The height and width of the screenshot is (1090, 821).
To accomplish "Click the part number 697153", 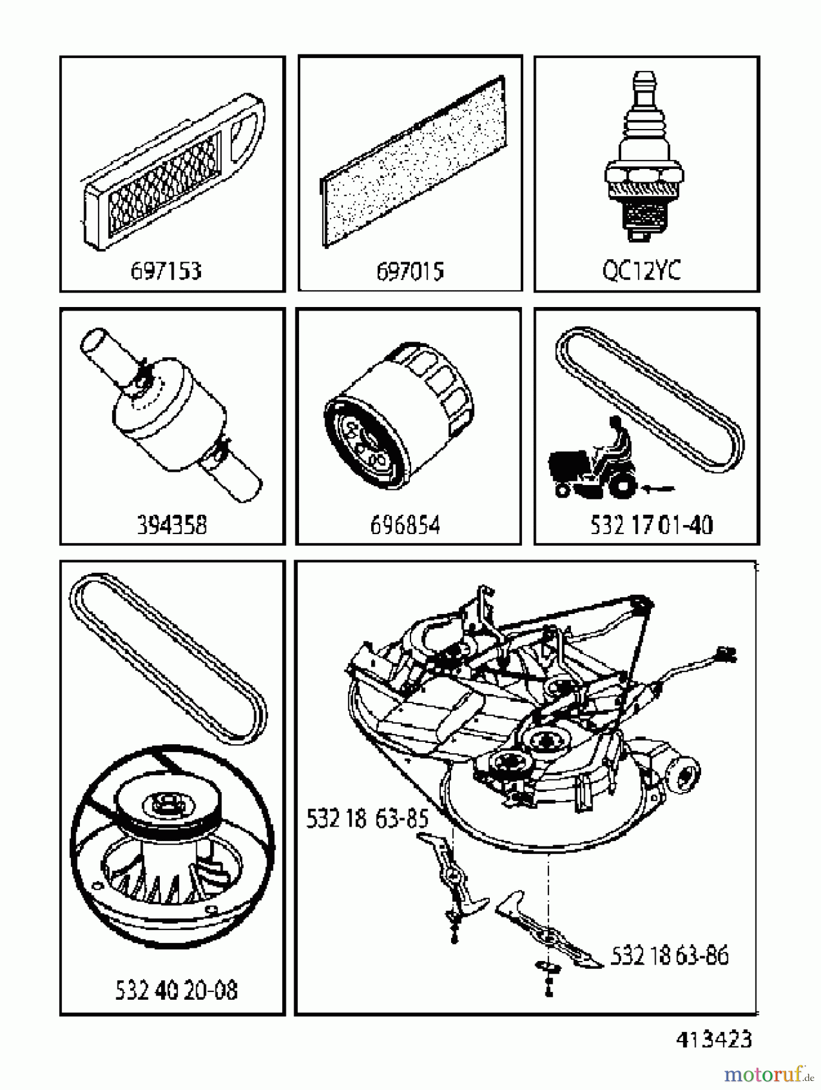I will tap(166, 271).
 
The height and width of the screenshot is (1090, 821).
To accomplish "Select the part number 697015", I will tap(410, 271).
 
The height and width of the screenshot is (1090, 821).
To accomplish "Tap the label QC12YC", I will tap(642, 270).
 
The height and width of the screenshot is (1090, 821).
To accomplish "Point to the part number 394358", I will tap(172, 524).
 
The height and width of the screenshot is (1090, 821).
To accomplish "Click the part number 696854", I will tap(405, 524).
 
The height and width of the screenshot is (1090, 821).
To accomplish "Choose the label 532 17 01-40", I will tap(651, 524).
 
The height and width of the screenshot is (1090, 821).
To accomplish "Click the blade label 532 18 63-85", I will tap(367, 819).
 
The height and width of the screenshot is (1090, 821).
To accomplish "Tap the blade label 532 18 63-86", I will tap(669, 956).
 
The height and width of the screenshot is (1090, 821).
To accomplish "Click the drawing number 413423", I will tap(713, 1040).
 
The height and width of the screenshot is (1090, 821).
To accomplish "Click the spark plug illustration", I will tap(644, 160).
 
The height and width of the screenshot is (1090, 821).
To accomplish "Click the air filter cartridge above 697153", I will tap(173, 171).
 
